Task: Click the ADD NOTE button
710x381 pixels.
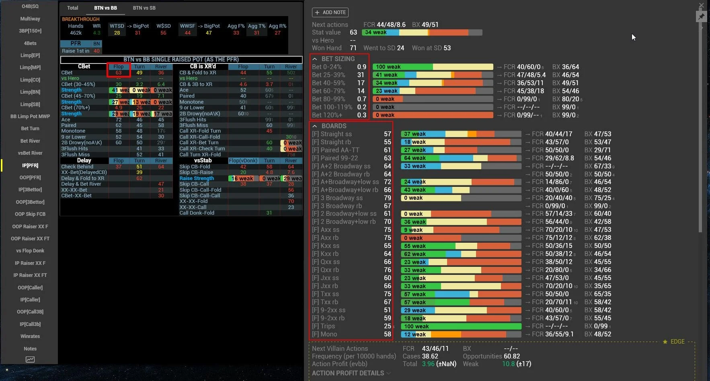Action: coord(330,12)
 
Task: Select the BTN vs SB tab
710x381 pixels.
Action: coord(144,8)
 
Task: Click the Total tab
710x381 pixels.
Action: coord(73,8)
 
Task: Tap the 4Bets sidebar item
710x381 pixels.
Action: coord(30,43)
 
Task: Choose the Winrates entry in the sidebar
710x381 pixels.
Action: coord(30,336)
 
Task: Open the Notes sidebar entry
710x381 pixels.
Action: coord(30,349)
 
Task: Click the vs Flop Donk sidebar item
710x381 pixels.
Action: coord(30,251)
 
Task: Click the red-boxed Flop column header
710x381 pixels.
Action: coord(119,67)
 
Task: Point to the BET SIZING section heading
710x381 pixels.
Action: coord(338,59)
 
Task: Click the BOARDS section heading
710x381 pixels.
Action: coord(334,126)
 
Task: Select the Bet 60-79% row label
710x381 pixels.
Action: coord(328,91)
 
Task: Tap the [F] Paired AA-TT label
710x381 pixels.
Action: coord(336,150)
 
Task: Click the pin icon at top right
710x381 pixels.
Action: coord(701,16)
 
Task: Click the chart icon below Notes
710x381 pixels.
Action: coord(30,360)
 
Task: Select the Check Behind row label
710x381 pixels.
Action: coord(77,166)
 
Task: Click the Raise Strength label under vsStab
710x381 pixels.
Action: coord(197,178)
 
